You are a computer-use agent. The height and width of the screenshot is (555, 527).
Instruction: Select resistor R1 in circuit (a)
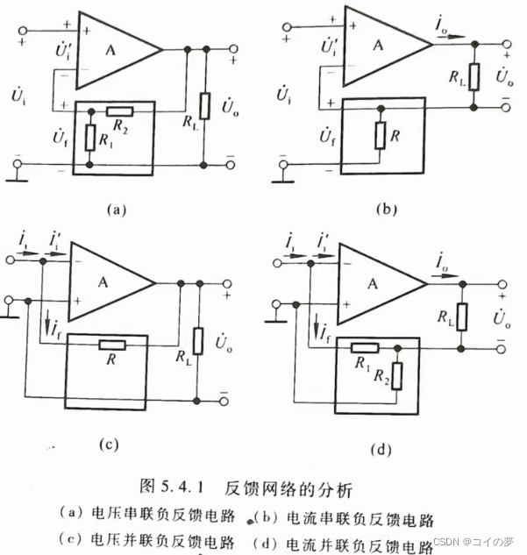[90, 139]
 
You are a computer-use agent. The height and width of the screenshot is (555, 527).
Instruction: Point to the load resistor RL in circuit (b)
[474, 77]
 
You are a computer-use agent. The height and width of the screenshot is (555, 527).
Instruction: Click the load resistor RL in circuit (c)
[198, 338]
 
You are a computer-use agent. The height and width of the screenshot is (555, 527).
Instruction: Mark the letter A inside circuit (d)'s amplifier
[375, 282]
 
